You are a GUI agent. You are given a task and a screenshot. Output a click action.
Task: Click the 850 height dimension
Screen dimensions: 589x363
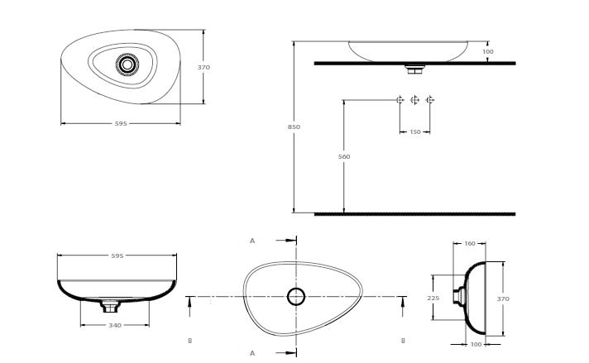pyautogui.click(x=294, y=127)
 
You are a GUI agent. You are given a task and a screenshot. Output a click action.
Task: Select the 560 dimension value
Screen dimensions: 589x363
pyautogui.click(x=343, y=156)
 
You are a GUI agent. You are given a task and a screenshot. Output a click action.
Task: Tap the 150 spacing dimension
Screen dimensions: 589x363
pyautogui.click(x=415, y=131)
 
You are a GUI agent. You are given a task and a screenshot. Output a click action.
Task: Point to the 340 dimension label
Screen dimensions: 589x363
pyautogui.click(x=115, y=325)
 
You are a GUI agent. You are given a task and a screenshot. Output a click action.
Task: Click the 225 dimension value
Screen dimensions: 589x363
pyautogui.click(x=433, y=298)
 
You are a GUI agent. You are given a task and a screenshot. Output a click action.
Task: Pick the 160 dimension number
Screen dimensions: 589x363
pyautogui.click(x=470, y=243)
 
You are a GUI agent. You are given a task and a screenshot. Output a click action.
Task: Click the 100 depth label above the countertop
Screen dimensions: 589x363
pyautogui.click(x=487, y=52)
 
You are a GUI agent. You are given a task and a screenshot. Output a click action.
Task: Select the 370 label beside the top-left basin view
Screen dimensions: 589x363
pyautogui.click(x=204, y=67)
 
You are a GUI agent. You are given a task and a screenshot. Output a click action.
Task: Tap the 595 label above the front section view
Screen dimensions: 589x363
pyautogui.click(x=117, y=256)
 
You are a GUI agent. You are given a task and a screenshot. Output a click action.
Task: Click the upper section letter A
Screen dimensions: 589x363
pyautogui.click(x=252, y=241)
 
